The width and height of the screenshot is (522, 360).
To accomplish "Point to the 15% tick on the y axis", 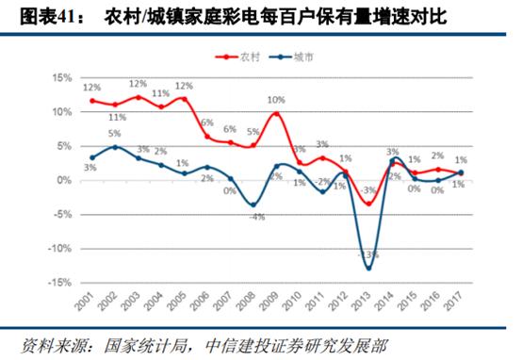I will [x=62, y=77].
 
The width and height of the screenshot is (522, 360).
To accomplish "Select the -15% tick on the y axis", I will [x=60, y=283].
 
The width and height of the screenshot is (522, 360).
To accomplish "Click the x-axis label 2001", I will [x=90, y=303].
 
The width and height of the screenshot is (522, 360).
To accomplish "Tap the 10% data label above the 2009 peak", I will [x=274, y=99].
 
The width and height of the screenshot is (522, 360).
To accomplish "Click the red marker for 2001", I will [x=92, y=100].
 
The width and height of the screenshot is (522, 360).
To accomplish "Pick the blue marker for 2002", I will [x=116, y=147].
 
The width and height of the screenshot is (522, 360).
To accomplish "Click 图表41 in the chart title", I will [x=35, y=16].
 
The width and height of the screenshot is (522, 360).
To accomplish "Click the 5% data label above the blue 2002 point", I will [x=114, y=134].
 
